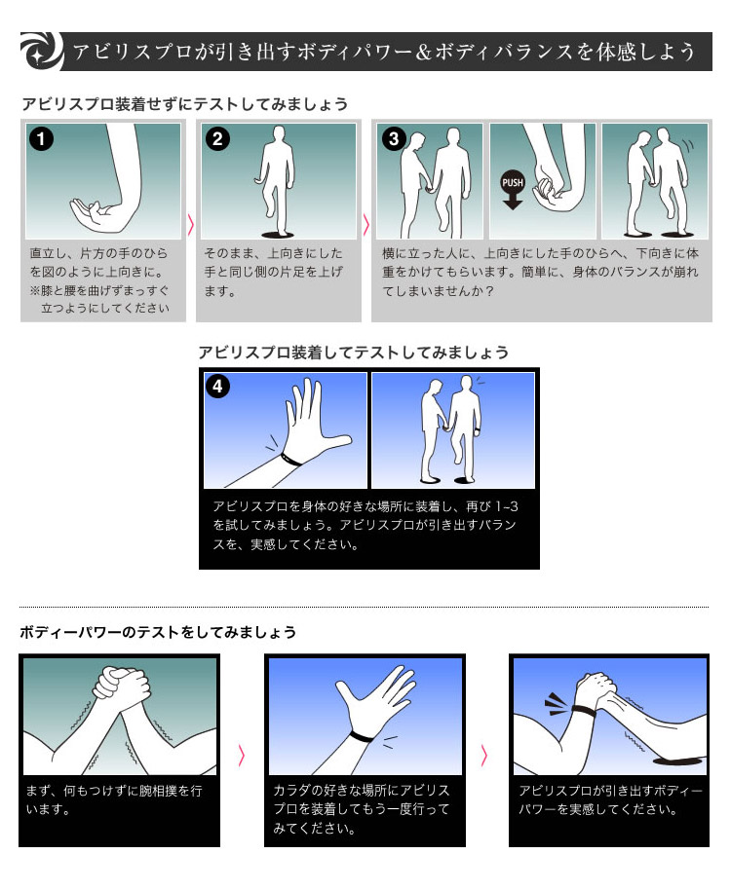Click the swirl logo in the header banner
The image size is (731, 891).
[x=42, y=52]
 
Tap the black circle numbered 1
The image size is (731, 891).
[x=41, y=139]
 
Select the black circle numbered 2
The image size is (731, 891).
[x=216, y=139]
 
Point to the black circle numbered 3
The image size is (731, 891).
[x=394, y=138]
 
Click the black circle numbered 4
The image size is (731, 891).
[x=217, y=387]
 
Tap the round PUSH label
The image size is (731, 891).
[x=513, y=182]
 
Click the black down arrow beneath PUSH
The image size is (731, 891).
[x=513, y=202]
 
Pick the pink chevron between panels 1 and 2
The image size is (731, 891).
[x=191, y=225]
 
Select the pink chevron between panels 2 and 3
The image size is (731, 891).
[x=365, y=225]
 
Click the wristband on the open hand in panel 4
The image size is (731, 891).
[x=290, y=460]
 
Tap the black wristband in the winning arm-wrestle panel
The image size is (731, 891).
[x=584, y=712]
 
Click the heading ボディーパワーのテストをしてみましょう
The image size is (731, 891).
[x=158, y=632]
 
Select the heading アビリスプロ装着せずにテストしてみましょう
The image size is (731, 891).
[x=185, y=104]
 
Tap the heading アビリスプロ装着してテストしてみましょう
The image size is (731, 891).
[x=353, y=353]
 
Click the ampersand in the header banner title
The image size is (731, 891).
[x=424, y=53]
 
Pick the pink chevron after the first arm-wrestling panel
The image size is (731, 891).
[x=242, y=756]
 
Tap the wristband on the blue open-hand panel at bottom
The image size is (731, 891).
[x=362, y=737]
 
